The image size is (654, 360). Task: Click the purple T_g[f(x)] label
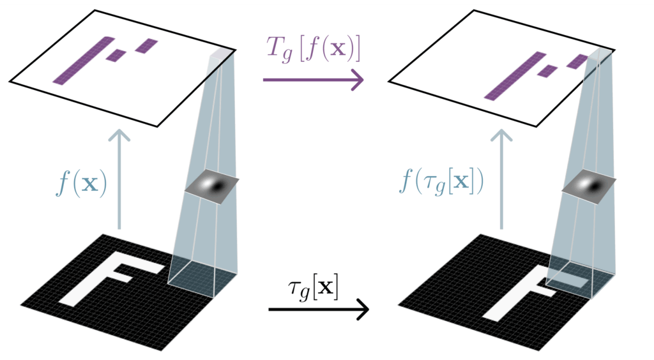click(x=313, y=50)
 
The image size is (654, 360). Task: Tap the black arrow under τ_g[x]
click(x=319, y=310)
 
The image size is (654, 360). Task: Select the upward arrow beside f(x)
click(x=119, y=179)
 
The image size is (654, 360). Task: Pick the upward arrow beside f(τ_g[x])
click(x=501, y=179)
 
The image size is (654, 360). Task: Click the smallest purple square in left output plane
click(x=116, y=56)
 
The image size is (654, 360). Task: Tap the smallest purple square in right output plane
click(x=547, y=70)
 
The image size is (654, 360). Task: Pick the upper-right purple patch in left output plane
click(x=146, y=45)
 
